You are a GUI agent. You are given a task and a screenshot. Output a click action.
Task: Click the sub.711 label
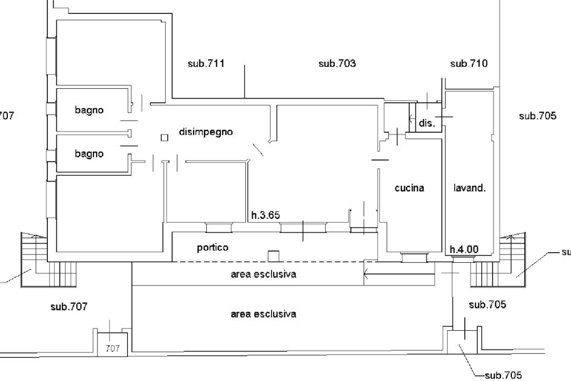[x=206, y=64]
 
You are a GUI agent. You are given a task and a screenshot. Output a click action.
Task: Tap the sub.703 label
[x=337, y=64]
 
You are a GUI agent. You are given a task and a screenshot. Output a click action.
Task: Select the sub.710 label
[x=468, y=64]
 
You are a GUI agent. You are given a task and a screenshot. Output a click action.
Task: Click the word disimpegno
[x=206, y=132]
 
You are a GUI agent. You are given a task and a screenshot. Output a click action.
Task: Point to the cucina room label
[x=409, y=188]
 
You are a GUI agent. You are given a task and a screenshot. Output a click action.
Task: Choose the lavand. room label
[x=470, y=188]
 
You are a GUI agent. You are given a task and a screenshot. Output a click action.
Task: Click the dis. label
[x=427, y=123]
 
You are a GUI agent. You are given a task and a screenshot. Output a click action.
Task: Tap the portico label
[x=212, y=248]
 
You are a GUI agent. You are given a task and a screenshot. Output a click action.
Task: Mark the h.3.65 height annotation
[x=265, y=215]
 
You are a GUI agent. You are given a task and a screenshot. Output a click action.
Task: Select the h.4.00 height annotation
[x=464, y=249]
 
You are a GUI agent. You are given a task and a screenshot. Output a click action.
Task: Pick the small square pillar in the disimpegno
[x=164, y=138]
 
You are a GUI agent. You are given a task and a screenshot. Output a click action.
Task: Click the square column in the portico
[x=273, y=256]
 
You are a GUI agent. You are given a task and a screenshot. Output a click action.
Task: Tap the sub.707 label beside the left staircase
[x=69, y=307]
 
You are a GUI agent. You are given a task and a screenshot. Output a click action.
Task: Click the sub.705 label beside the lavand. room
[x=538, y=116]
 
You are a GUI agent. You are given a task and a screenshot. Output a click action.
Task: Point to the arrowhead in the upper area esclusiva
[x=366, y=273]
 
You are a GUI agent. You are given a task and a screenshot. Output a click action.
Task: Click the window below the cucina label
[x=414, y=257]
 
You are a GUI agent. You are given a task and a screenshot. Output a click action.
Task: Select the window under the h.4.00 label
[x=463, y=259]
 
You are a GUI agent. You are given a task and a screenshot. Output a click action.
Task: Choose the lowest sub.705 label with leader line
[x=504, y=375]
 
